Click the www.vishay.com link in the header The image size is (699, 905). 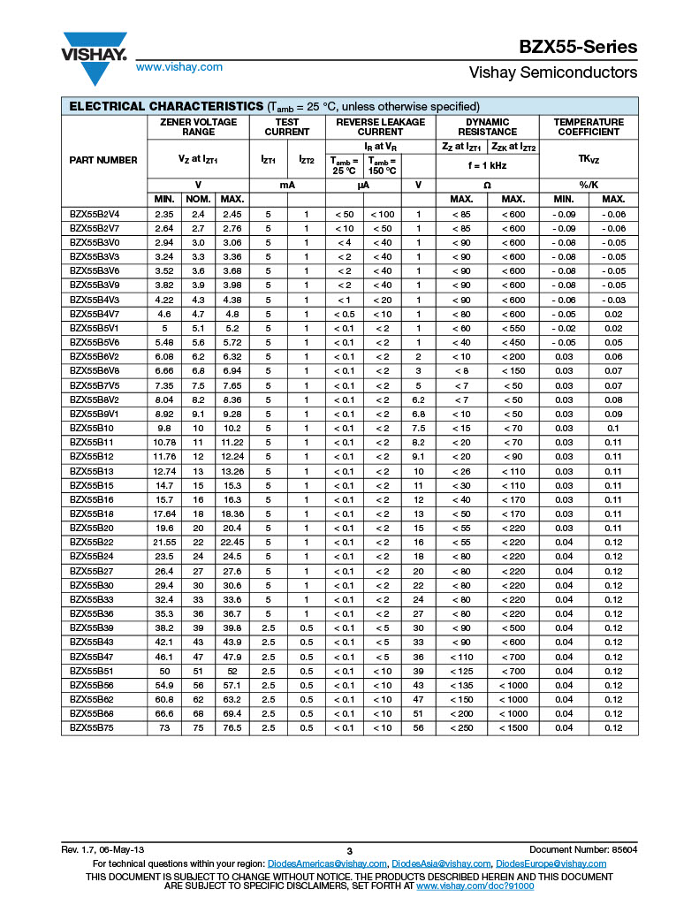tap(179, 67)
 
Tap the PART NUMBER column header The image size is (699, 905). tap(103, 160)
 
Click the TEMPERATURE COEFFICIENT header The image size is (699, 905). tap(588, 127)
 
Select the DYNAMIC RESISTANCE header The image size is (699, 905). tap(487, 127)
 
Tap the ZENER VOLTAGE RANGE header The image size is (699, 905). tap(198, 127)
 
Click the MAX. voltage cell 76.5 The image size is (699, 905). tap(232, 727)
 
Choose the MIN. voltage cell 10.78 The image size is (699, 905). tap(164, 442)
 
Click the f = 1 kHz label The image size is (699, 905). tap(487, 165)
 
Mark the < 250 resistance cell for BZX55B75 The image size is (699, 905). tap(461, 727)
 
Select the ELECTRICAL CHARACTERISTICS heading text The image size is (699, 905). tap(166, 106)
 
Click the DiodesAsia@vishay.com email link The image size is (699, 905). tap(439, 863)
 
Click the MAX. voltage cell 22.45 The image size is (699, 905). tap(232, 542)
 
